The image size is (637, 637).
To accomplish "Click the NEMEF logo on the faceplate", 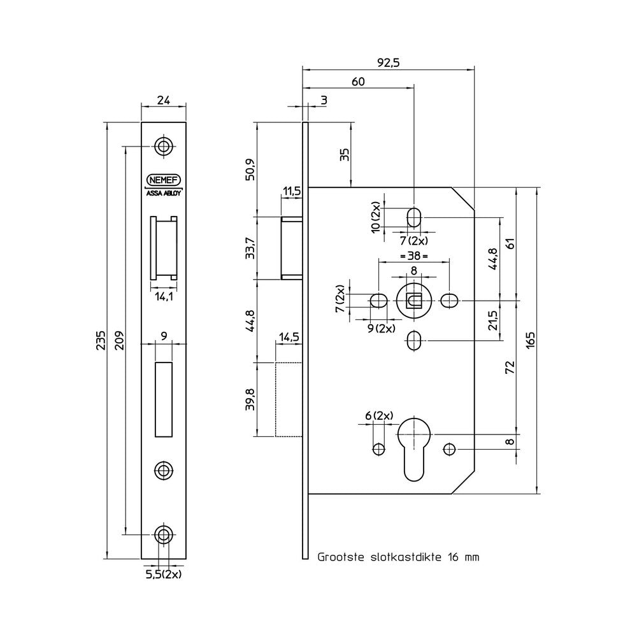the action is (164, 180).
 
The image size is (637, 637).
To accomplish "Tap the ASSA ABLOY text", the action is (164, 194).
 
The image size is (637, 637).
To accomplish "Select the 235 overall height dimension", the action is (101, 340).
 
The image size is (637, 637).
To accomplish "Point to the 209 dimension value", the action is (120, 340).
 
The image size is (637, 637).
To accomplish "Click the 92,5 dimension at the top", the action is (389, 62).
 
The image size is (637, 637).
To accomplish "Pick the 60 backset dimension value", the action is (358, 82).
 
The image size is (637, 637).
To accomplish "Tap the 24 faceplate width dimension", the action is (163, 100).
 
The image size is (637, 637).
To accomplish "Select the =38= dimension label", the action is (413, 256).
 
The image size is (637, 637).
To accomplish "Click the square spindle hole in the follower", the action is (413, 301).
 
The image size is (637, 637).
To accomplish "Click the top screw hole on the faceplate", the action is (164, 147).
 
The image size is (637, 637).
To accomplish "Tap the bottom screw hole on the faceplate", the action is (164, 534).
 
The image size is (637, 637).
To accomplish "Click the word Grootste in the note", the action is (340, 557).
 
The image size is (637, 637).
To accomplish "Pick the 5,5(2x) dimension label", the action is (163, 575).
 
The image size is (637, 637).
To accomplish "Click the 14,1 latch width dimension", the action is (164, 297).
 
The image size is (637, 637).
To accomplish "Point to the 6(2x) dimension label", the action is (379, 415).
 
